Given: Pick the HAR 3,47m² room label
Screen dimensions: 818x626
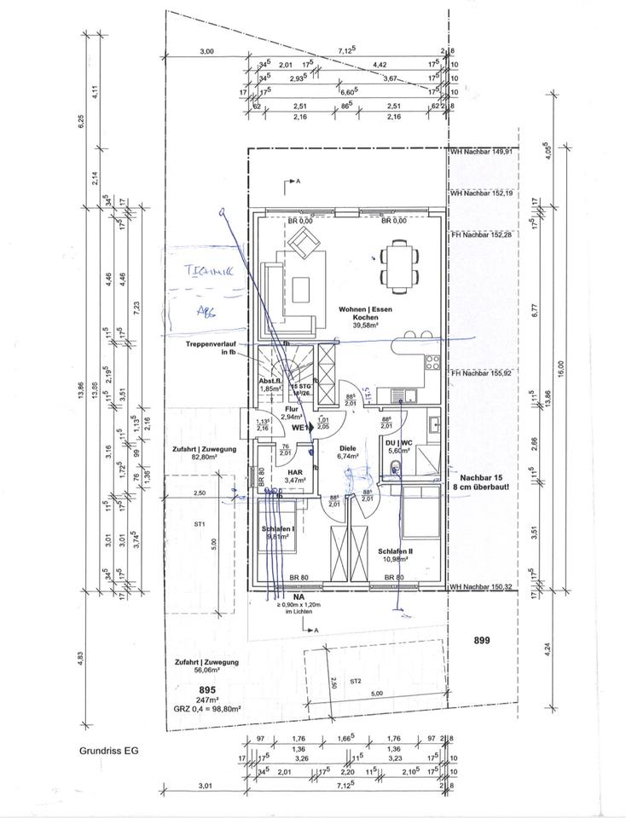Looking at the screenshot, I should point(296,476).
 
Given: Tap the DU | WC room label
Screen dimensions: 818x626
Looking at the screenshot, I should point(400,446).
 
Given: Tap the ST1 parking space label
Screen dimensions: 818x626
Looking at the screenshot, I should point(199,525).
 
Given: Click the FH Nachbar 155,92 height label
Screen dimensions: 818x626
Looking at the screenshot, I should point(483,372).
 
